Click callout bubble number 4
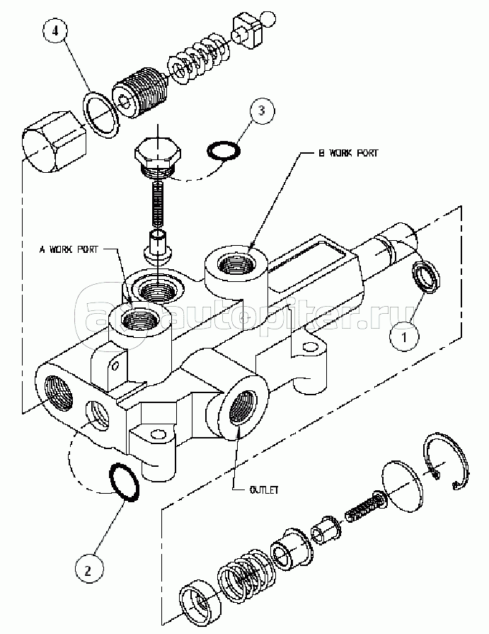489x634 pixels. (57, 31)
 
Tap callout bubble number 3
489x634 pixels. (262, 109)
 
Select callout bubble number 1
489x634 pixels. (404, 336)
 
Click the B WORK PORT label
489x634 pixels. (348, 153)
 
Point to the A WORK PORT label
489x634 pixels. (68, 249)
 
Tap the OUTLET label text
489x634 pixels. (264, 489)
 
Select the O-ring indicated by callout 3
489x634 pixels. (224, 149)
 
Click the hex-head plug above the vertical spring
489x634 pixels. (158, 158)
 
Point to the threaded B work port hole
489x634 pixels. (236, 265)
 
